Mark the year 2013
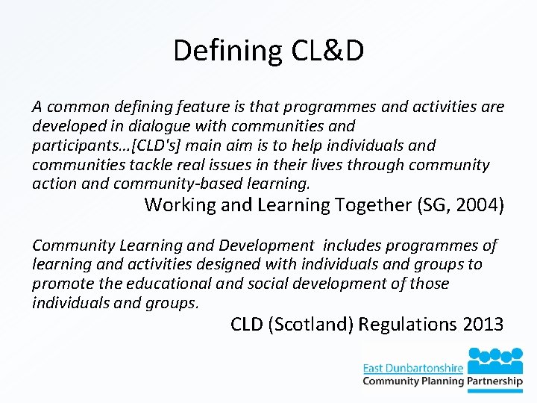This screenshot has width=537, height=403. click(483, 325)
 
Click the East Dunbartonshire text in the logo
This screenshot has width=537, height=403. click(412, 367)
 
